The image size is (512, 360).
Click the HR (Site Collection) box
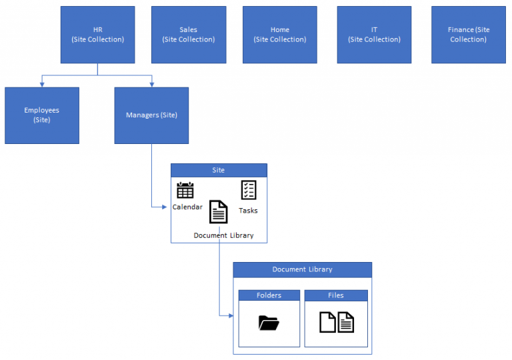97,35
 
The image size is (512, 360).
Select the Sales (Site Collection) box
189,35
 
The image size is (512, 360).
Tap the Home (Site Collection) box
279,35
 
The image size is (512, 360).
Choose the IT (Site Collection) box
374,35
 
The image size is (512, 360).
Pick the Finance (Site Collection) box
468,35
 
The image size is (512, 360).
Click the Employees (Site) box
42,115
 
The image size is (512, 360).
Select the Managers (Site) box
151,115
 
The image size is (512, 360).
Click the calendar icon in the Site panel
185,190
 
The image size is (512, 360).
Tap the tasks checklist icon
249,190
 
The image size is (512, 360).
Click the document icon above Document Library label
219,212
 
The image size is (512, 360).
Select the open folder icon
269,323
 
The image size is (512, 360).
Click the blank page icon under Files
327,322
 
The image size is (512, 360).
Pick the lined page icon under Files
346,322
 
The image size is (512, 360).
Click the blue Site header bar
219,170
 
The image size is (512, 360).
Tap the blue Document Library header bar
302,269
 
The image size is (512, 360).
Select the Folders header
269,295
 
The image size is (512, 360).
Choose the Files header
336,295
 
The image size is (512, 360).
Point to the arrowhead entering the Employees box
42,85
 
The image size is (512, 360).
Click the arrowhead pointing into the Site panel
168,207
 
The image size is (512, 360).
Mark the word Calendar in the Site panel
187,207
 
